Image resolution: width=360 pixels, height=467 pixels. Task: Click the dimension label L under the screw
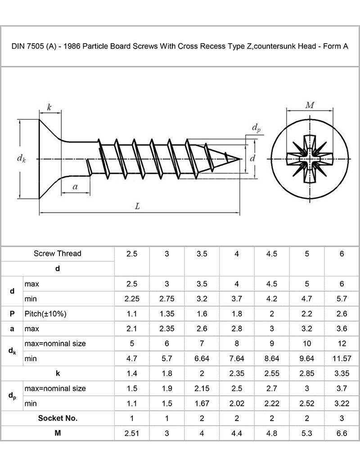[x=138, y=206]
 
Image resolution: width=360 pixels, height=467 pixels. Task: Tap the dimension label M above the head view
[x=310, y=105]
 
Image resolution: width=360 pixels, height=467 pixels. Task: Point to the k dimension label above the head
[x=49, y=107]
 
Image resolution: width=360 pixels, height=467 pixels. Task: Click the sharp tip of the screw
[x=239, y=159]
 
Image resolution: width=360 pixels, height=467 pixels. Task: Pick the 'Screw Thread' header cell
[x=58, y=254]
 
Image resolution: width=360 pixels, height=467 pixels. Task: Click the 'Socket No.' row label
[x=58, y=418]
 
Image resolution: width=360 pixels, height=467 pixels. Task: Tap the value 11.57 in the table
[x=342, y=358]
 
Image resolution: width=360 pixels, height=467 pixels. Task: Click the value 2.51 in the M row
[x=132, y=433]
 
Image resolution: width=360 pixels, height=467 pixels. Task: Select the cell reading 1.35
[x=167, y=313]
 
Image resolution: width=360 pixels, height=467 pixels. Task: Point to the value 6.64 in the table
[x=202, y=358]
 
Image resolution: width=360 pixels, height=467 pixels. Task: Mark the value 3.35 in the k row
[x=342, y=373]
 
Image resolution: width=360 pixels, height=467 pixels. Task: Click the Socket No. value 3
[x=342, y=418]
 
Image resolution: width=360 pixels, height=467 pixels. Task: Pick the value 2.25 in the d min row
[x=132, y=299]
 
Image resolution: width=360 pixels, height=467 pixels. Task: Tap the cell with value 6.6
[x=342, y=433]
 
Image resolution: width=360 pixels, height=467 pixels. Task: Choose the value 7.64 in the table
[x=237, y=358]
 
